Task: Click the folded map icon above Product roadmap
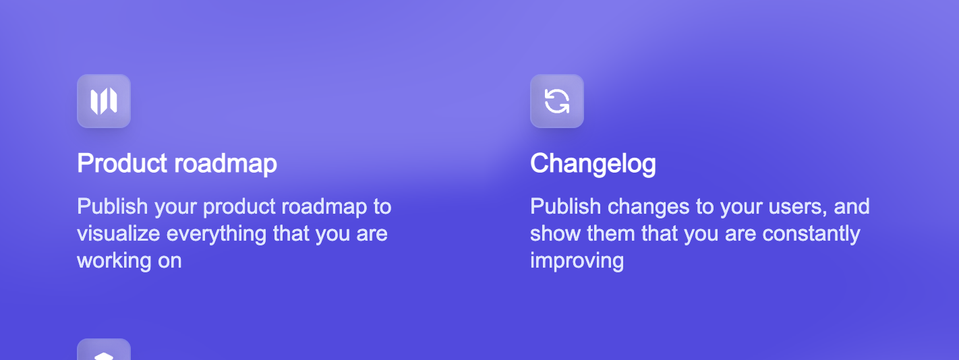pos(104,101)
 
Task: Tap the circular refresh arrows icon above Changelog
pos(557,101)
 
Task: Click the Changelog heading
pos(593,164)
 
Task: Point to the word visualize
pos(119,234)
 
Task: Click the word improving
pos(577,261)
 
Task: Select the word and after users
pos(852,207)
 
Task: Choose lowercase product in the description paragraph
pos(239,207)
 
